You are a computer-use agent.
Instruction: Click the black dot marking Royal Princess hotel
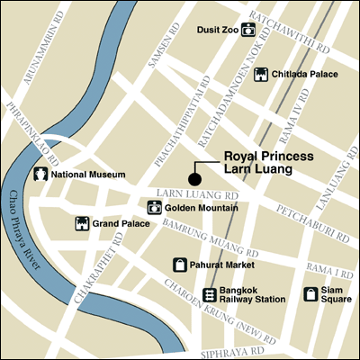pos(193,176)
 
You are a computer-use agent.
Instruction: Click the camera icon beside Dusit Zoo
pos(248,30)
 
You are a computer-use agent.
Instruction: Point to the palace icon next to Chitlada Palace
pos(262,76)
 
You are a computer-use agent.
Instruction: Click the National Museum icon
pos(40,174)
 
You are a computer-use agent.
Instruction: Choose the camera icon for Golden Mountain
pos(154,208)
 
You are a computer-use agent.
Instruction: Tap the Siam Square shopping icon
pos(310,293)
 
